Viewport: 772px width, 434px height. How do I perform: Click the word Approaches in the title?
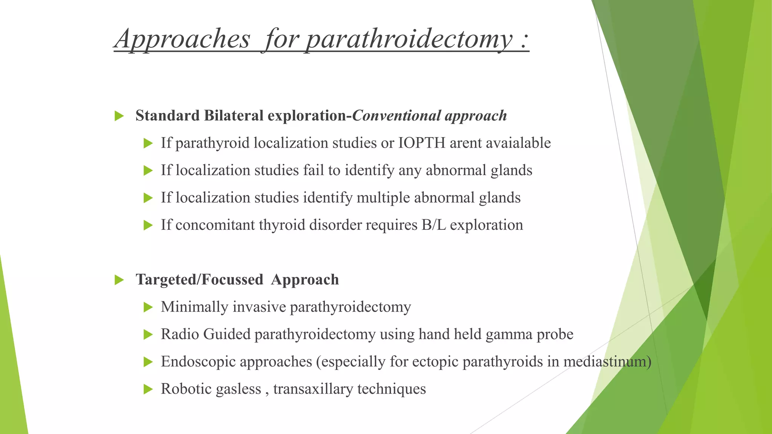(182, 39)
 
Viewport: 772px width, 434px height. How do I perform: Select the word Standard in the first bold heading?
(167, 116)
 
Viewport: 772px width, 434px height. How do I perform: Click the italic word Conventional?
(396, 116)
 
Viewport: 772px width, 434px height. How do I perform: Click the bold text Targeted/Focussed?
(199, 280)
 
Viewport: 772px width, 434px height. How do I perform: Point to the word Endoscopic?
(199, 362)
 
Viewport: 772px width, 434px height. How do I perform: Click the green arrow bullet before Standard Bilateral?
(119, 116)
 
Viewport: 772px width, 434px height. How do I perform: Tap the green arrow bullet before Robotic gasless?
(148, 390)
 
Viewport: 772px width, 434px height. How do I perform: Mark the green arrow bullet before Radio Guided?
(148, 335)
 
